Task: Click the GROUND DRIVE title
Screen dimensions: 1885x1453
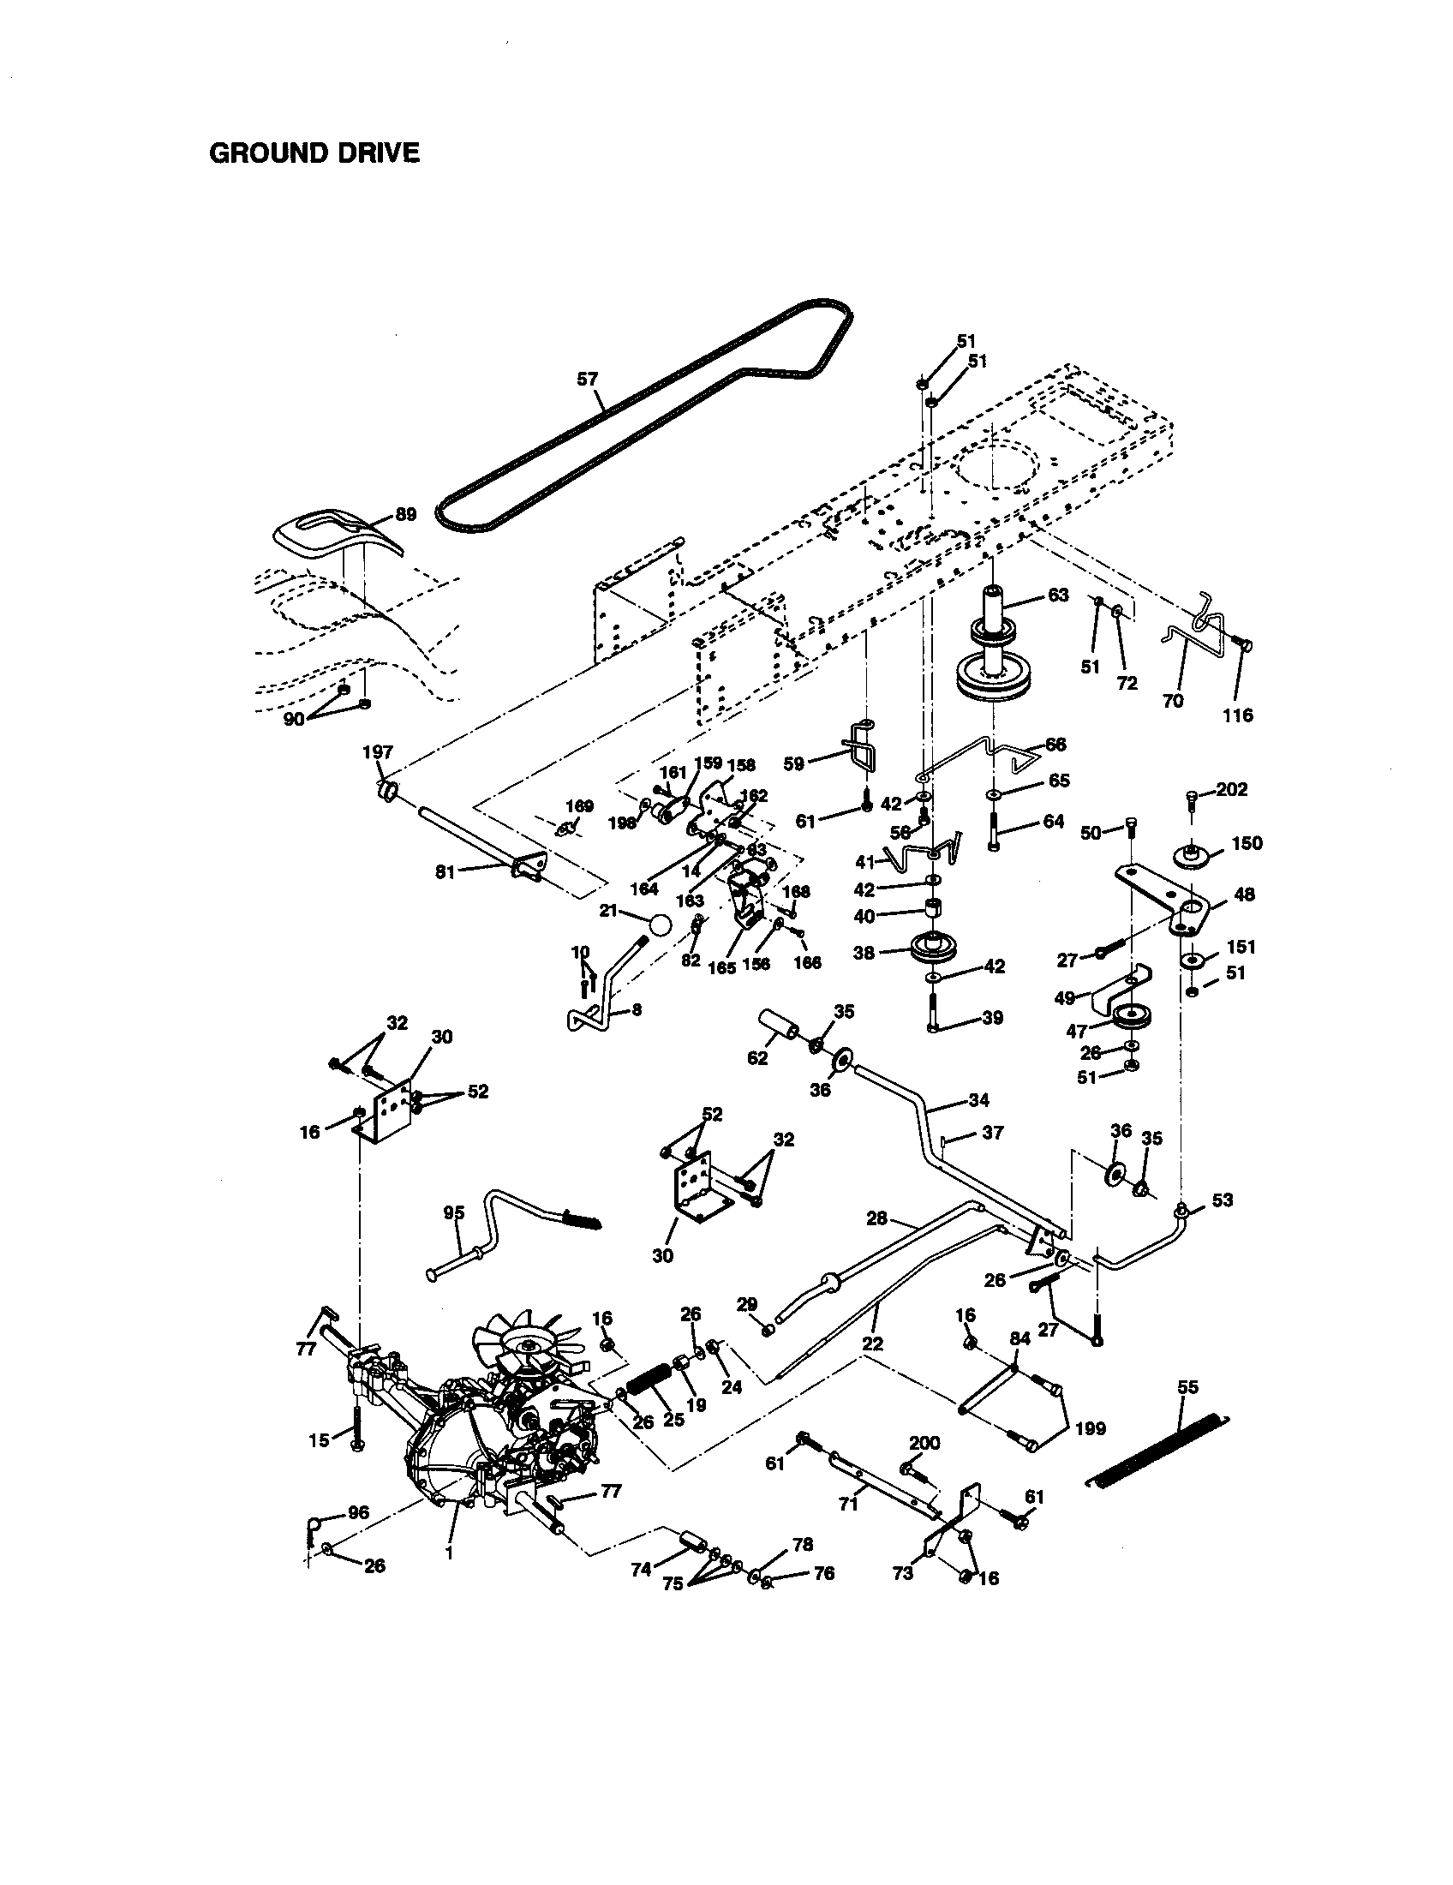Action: [x=314, y=153]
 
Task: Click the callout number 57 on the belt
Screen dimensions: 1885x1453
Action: [x=587, y=378]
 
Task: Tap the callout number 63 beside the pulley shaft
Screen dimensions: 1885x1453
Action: [x=1058, y=595]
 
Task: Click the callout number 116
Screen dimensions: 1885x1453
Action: [x=1238, y=715]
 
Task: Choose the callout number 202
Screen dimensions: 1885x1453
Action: [x=1231, y=790]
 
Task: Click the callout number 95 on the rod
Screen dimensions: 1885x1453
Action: [x=454, y=1212]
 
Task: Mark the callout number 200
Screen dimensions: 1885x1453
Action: [x=925, y=1443]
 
